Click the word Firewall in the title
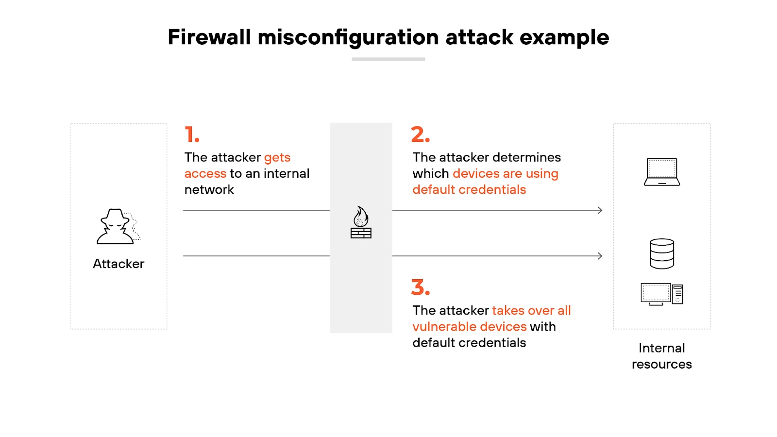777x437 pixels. click(x=209, y=37)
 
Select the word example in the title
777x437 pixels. click(x=564, y=37)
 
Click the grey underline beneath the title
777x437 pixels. click(x=388, y=59)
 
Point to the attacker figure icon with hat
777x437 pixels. click(x=117, y=227)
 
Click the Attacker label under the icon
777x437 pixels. click(x=118, y=264)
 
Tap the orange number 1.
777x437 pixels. click(x=192, y=134)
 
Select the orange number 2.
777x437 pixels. click(x=420, y=134)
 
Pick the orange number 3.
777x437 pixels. click(x=420, y=287)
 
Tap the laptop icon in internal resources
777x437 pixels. click(x=662, y=172)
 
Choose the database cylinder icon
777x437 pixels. click(x=662, y=253)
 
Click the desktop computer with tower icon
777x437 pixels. click(x=662, y=294)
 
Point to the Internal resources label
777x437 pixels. click(x=662, y=356)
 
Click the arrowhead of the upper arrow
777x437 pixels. click(x=600, y=210)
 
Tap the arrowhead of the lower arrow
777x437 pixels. click(x=600, y=256)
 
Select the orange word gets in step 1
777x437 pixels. click(x=277, y=158)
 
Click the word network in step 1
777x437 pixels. click(x=209, y=189)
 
